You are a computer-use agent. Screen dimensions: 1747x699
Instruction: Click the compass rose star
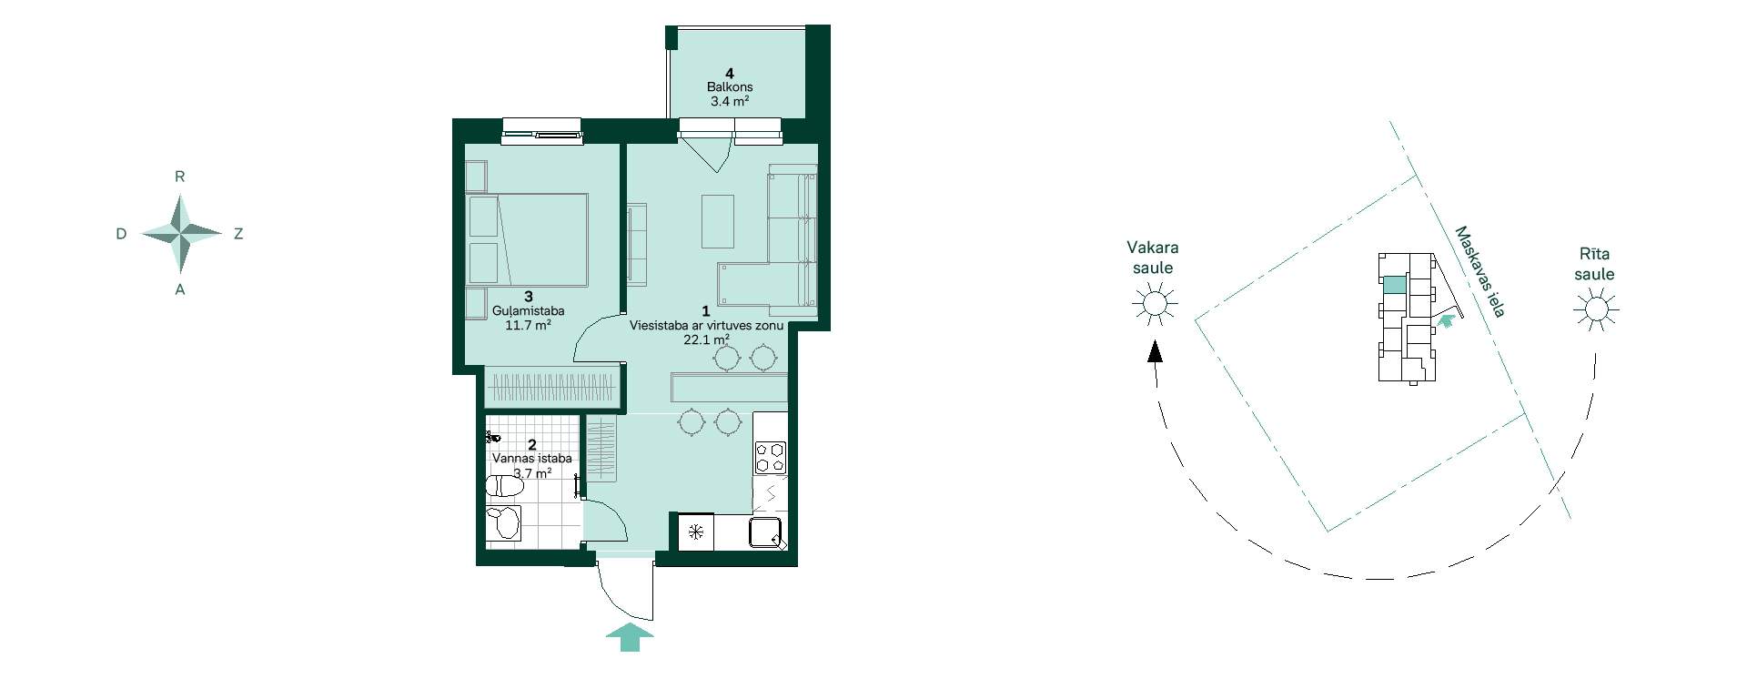pos(182,234)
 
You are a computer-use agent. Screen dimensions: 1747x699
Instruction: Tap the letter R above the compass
pos(180,177)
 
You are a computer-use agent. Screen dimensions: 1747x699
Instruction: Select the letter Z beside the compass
pos(238,234)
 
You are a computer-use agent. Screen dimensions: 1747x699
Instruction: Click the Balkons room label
pos(730,87)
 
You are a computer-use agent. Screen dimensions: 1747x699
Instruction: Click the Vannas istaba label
pos(532,459)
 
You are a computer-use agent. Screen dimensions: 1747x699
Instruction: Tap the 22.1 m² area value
pos(707,340)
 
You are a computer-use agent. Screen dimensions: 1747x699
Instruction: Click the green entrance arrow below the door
pos(630,637)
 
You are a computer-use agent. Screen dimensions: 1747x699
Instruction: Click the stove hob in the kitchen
pos(771,457)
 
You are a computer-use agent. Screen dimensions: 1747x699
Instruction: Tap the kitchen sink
pos(768,533)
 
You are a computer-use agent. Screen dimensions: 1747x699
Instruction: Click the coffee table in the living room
pos(718,220)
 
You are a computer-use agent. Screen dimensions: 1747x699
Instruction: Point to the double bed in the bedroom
pos(527,239)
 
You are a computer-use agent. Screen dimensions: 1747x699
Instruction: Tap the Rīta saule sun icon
pos(1596,309)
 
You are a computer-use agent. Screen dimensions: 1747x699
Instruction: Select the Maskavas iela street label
pos(1479,271)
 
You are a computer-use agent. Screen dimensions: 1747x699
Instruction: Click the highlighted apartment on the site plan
pos(1394,285)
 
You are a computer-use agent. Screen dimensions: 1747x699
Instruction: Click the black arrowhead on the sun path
pos(1155,351)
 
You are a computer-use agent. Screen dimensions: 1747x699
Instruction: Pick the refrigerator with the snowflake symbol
pos(696,532)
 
